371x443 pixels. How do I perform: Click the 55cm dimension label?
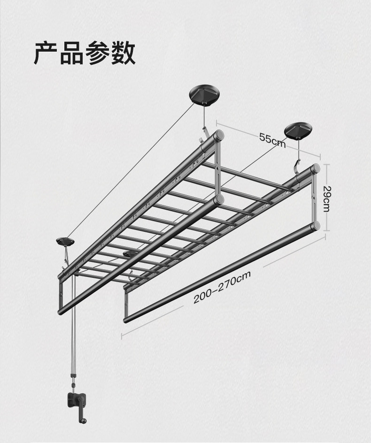pos(272,139)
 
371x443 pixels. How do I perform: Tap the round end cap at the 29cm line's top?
pos(316,168)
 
